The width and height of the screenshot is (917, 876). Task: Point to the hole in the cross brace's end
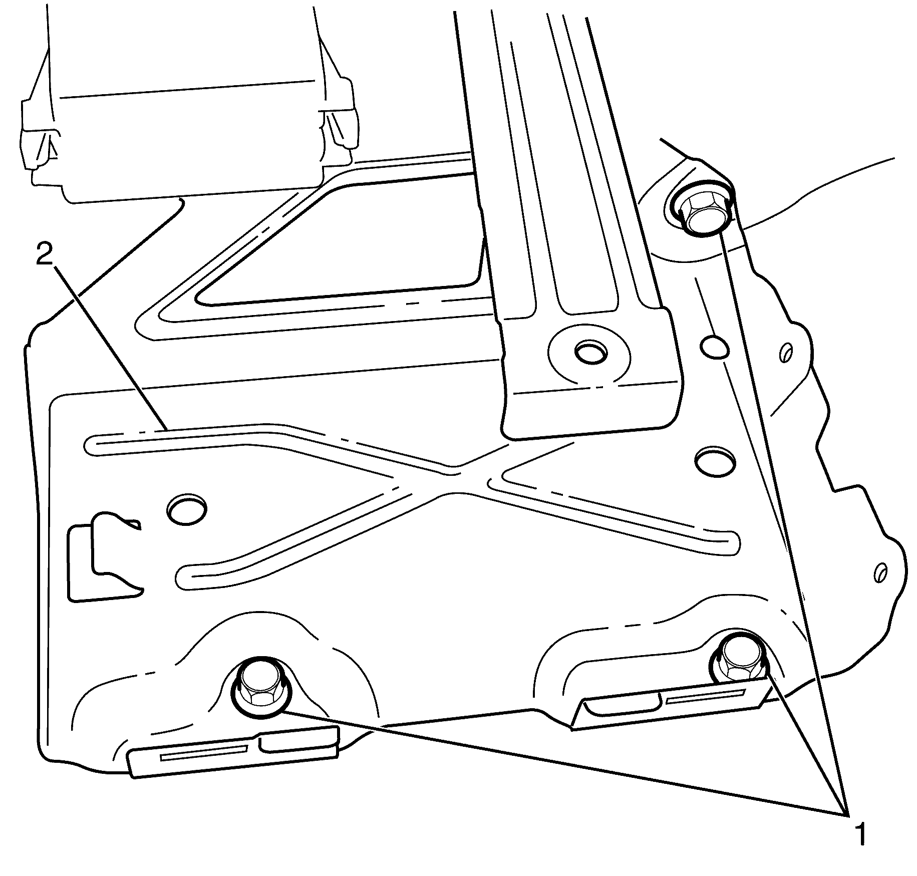pyautogui.click(x=590, y=352)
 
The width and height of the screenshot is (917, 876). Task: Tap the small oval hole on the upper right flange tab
pyautogui.click(x=786, y=353)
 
